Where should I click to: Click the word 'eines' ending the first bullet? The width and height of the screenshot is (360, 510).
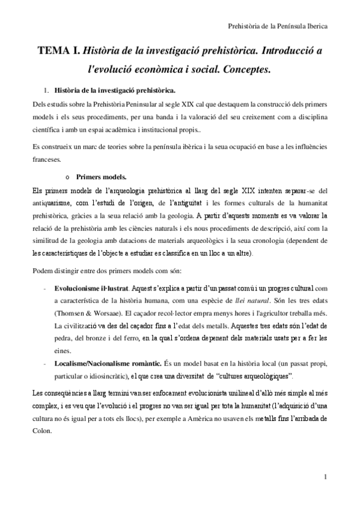click(62, 351)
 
